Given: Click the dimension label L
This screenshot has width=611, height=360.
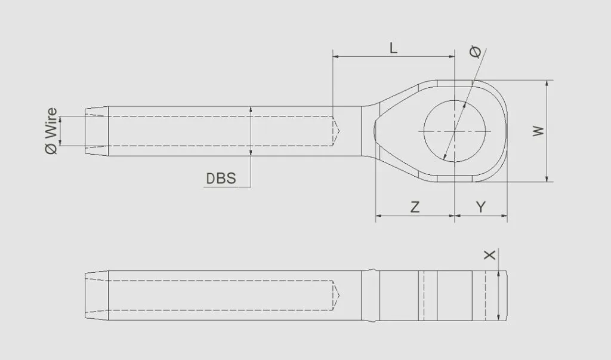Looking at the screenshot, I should pos(393,48).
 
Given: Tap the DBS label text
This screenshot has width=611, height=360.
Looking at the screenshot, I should pos(221,178).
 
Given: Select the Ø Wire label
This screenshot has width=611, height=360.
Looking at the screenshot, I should pos(52,131).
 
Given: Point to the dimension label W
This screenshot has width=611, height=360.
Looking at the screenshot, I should pos(539,131).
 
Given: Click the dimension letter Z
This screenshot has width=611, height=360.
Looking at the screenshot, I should pos(415,207).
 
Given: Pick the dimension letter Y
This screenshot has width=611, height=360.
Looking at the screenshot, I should pos(481,207).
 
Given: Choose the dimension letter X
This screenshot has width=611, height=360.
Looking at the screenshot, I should pos(490,255).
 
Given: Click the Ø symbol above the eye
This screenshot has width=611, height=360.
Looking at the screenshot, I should pos(476,53).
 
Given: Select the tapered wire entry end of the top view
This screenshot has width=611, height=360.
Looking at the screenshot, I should pos(95,131).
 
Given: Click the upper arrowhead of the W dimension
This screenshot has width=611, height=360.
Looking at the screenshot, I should pos(547,84).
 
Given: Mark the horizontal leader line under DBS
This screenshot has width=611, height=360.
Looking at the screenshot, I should pos(227,187).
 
